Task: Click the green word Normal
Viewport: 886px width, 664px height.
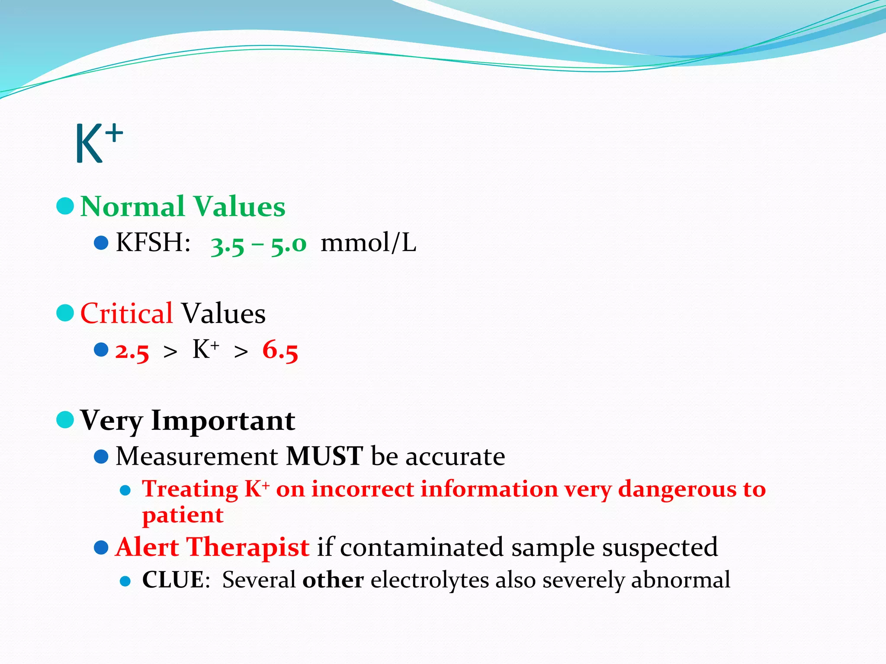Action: point(132,207)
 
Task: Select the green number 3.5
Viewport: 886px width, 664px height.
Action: point(228,245)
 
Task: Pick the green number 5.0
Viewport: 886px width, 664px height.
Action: point(289,245)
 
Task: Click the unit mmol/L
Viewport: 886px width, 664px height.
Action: point(368,243)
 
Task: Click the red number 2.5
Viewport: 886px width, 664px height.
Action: point(132,351)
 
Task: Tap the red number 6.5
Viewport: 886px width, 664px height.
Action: point(280,350)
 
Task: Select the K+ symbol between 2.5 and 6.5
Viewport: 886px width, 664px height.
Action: point(205,349)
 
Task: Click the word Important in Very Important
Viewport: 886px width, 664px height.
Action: point(223,420)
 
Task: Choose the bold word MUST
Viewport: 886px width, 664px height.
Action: point(324,456)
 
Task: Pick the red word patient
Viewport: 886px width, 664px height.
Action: point(183,515)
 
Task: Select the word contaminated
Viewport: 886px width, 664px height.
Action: point(421,547)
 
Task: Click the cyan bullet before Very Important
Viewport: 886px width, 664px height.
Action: point(65,419)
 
